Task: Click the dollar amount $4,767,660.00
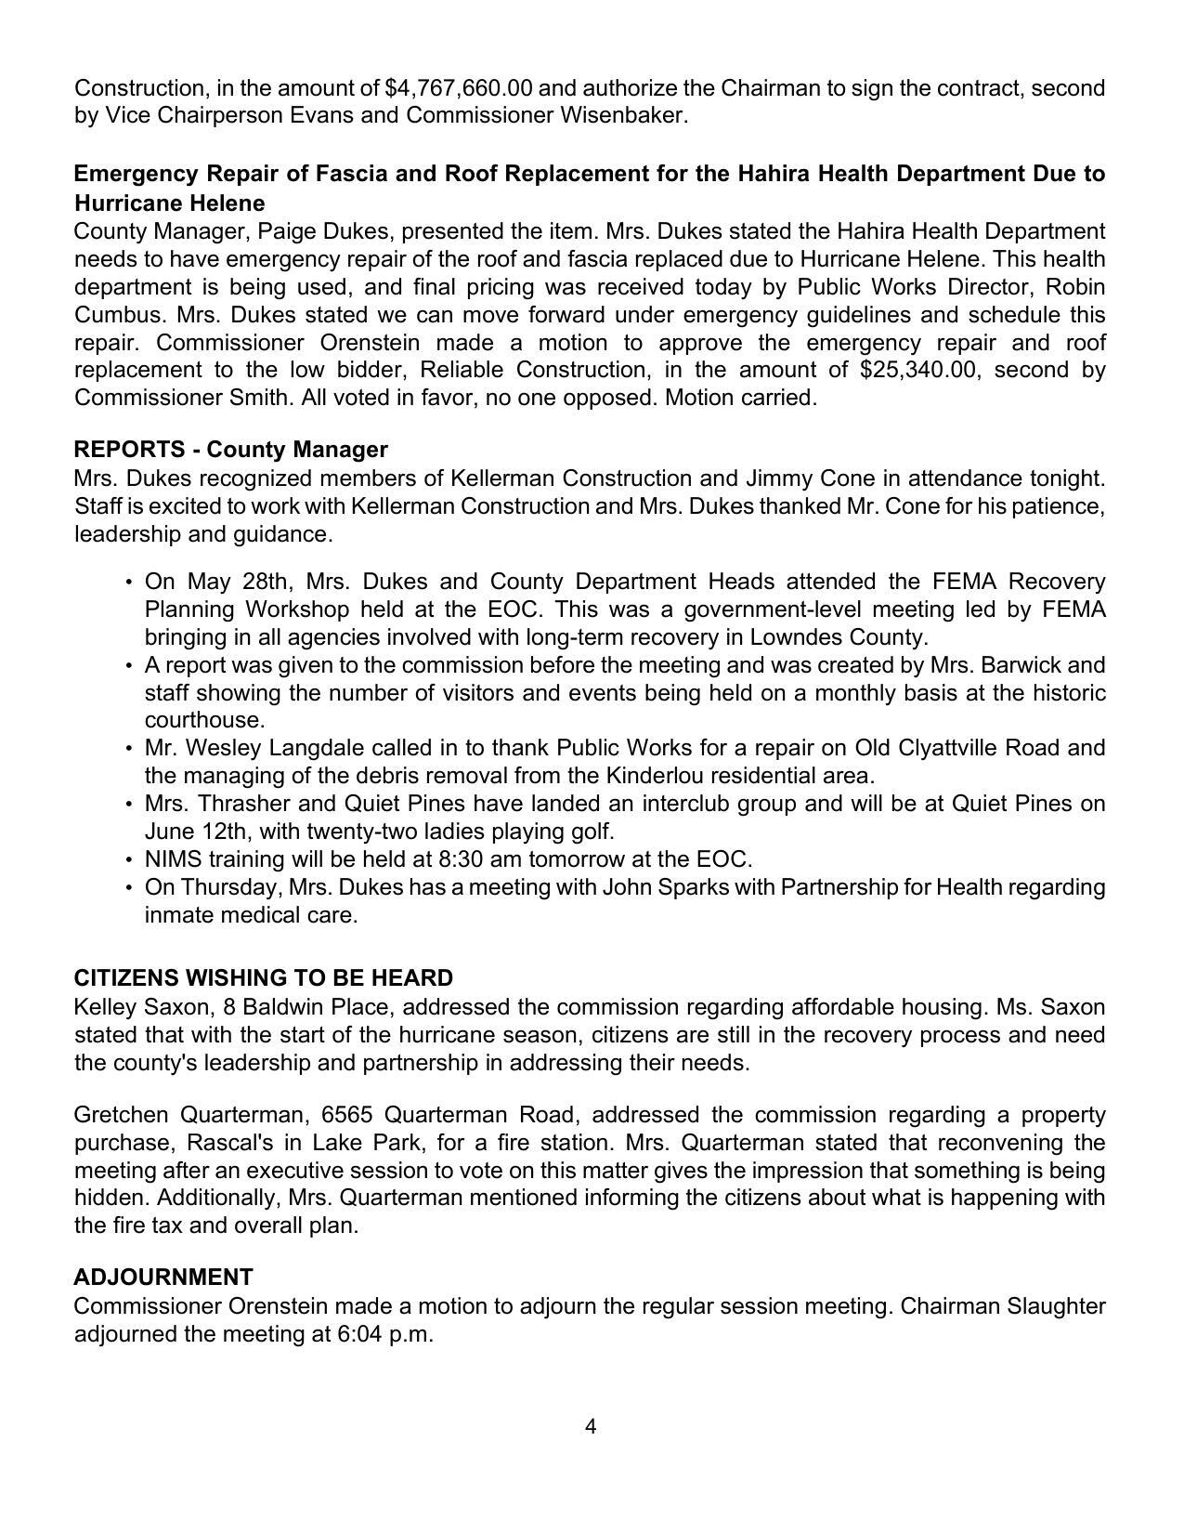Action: (x=458, y=88)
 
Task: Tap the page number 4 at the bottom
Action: (x=591, y=1426)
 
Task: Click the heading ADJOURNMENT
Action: (x=163, y=1277)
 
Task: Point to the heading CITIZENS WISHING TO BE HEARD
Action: (x=264, y=978)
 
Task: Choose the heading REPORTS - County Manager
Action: (x=230, y=450)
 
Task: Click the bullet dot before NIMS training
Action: (x=127, y=859)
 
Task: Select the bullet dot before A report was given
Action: (x=127, y=666)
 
